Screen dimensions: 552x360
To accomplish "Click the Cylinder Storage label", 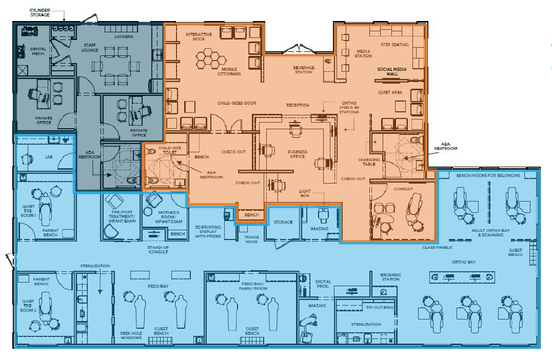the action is pos(40,13).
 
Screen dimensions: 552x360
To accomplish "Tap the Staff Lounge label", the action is pos(90,48).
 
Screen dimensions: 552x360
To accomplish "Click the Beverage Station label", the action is pos(304,70).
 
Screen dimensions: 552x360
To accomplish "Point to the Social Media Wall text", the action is pos(392,71).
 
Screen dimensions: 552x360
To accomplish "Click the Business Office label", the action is pos(298,154).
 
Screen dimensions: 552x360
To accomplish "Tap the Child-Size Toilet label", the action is pos(170,150).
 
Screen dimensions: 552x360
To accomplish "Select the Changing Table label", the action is pos(369,162).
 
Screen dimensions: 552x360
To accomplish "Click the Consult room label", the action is pos(403,189).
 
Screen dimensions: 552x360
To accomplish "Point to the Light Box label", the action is pos(305,193).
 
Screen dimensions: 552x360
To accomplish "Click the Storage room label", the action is pos(283,222).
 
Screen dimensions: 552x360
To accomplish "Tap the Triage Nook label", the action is pos(251,239).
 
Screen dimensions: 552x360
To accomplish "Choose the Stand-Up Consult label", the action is pos(158,250).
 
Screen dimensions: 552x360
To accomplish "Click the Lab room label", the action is pos(49,157).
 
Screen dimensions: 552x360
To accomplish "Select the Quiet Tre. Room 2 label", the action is pos(28,306).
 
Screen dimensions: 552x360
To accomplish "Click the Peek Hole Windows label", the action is pos(131,335).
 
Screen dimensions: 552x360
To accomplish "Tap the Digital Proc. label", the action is pos(323,284).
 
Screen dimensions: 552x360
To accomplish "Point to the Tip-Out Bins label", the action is pos(380,307).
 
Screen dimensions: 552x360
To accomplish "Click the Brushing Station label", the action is pos(390,277).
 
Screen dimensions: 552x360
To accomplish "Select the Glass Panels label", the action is pos(437,247).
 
